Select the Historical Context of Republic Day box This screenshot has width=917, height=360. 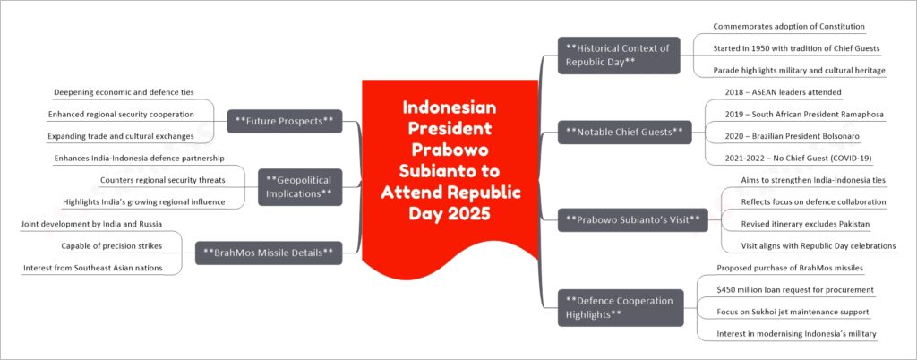617,55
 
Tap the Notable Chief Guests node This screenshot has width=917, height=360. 623,133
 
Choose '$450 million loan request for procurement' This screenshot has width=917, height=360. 795,289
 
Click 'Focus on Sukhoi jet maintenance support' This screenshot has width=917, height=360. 793,312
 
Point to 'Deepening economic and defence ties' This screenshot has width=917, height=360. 124,92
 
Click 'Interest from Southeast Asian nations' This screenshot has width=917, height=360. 93,268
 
